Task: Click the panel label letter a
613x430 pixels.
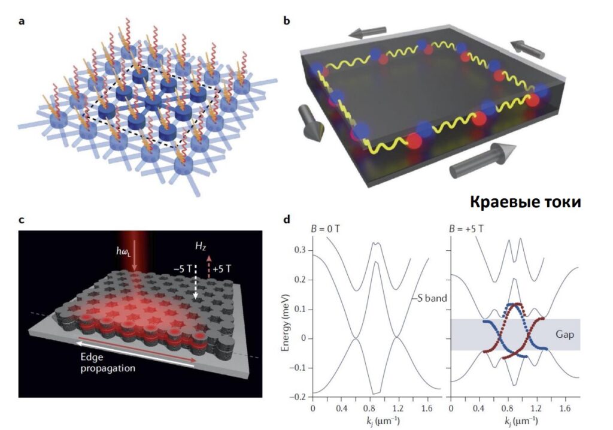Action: click(22, 22)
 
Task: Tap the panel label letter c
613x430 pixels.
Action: click(22, 219)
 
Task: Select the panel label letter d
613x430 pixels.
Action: click(287, 219)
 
